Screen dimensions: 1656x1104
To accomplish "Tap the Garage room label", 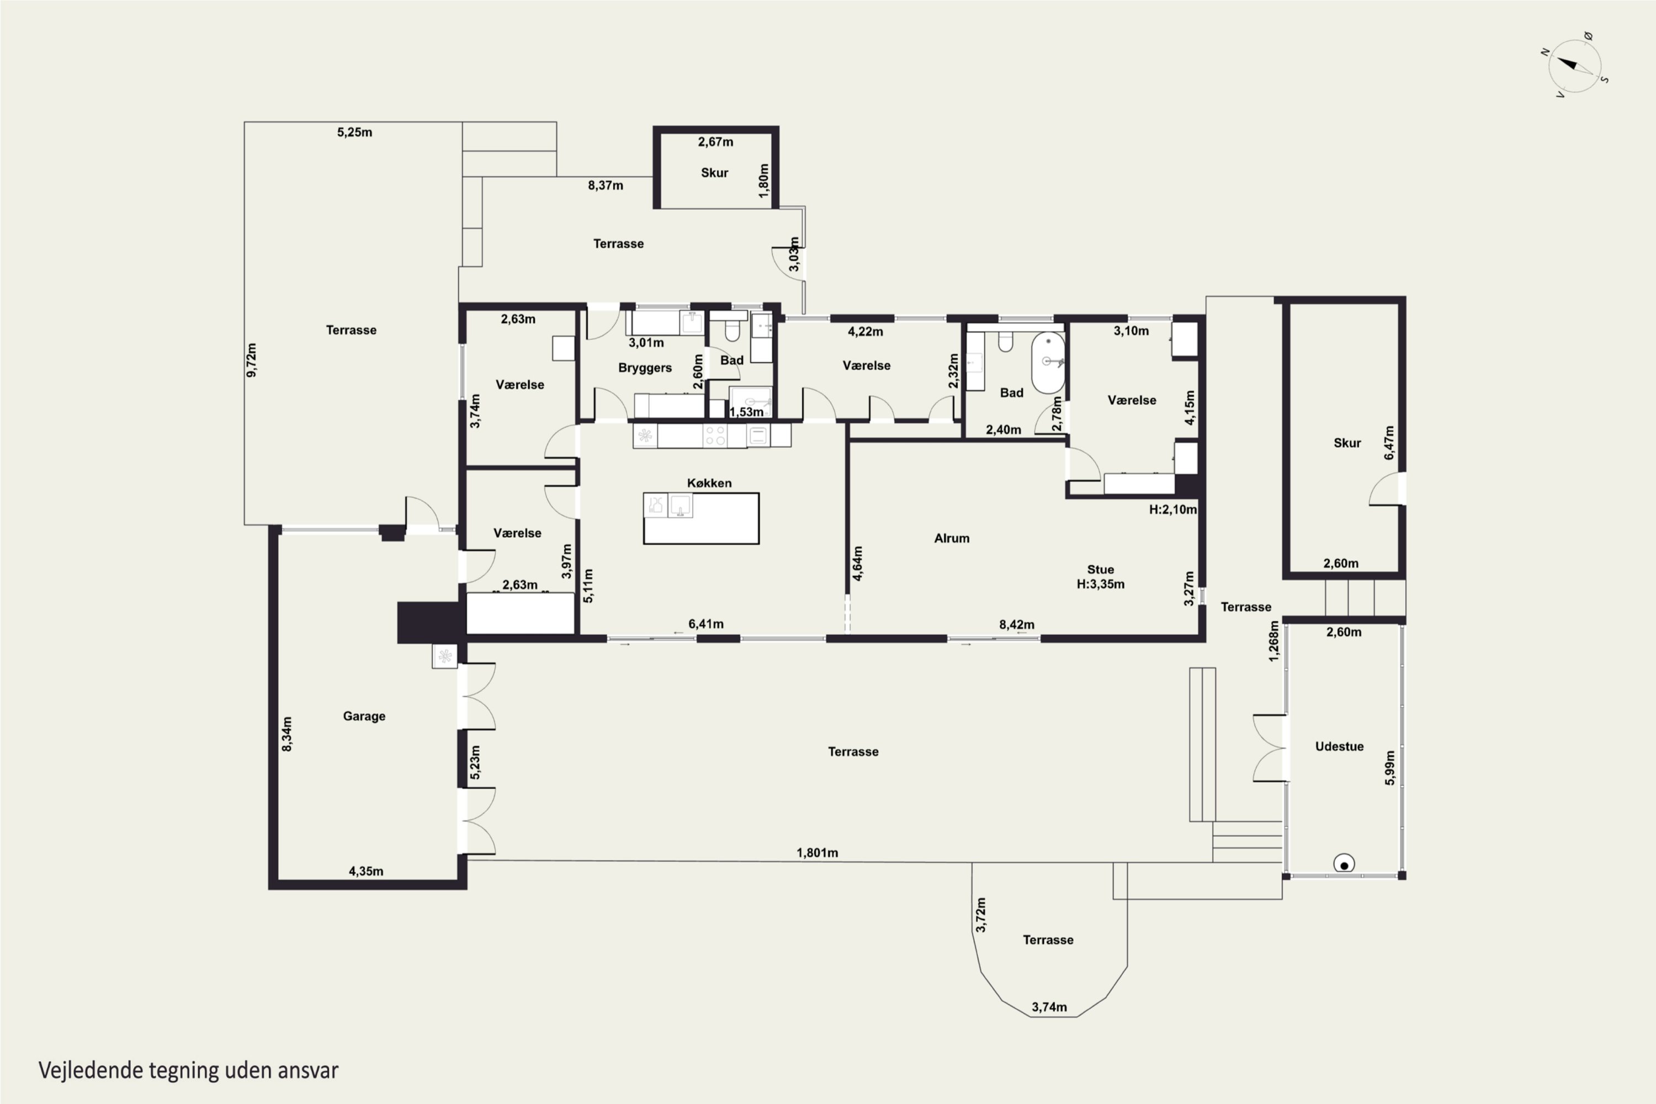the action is [364, 716].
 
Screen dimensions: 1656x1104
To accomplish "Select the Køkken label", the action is [709, 483].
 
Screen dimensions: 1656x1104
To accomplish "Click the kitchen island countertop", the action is [701, 518].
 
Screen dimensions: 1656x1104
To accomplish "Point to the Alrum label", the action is [952, 538].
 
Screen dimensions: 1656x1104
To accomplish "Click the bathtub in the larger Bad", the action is [1048, 363].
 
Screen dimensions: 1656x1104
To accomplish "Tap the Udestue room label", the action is [1339, 746].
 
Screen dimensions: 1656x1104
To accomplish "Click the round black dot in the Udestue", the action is [1344, 864].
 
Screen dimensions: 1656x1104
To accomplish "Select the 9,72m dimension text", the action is [251, 360].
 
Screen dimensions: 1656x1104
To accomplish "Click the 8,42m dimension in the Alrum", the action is [1017, 624].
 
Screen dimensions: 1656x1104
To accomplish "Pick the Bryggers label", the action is [645, 368].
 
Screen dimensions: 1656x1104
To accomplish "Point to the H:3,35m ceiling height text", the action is [1101, 583].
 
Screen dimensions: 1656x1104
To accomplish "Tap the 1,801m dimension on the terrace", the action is [818, 853].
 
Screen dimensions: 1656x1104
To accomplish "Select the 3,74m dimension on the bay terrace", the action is [1049, 1007].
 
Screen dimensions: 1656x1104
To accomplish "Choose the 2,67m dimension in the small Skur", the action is [715, 141].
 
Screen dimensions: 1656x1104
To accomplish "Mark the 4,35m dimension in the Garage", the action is [366, 871].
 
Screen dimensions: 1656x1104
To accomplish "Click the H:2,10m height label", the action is [1172, 509].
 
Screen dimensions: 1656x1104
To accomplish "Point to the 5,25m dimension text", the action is [355, 132].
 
